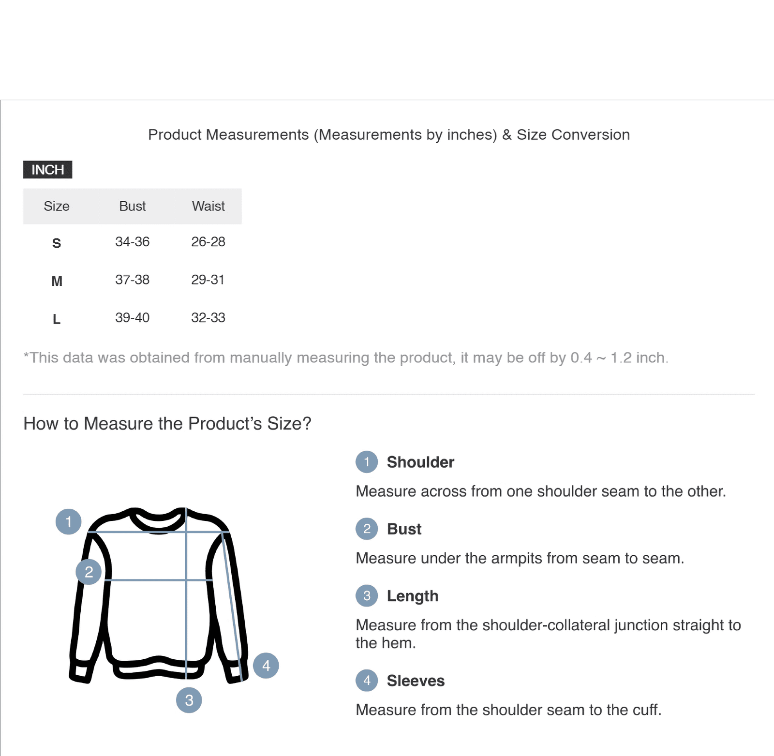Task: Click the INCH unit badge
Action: [x=47, y=170]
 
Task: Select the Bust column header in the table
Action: [x=132, y=206]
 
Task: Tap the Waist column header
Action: [x=208, y=206]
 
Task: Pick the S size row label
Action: [x=57, y=243]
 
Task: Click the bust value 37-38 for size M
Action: [x=132, y=280]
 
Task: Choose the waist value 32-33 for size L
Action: [x=208, y=318]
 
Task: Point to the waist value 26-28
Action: [x=208, y=242]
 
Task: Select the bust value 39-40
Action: [x=132, y=318]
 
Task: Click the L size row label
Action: [x=57, y=319]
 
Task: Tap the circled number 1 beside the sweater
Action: [x=69, y=521]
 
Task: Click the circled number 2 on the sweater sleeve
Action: [x=89, y=572]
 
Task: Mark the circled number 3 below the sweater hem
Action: [x=189, y=700]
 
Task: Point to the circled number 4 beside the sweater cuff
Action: [x=266, y=666]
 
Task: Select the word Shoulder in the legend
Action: [x=420, y=462]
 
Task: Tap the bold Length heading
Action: [x=413, y=596]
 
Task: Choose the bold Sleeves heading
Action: [x=416, y=681]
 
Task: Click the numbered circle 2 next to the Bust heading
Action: [x=367, y=529]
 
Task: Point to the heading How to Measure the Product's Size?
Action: [x=167, y=424]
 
